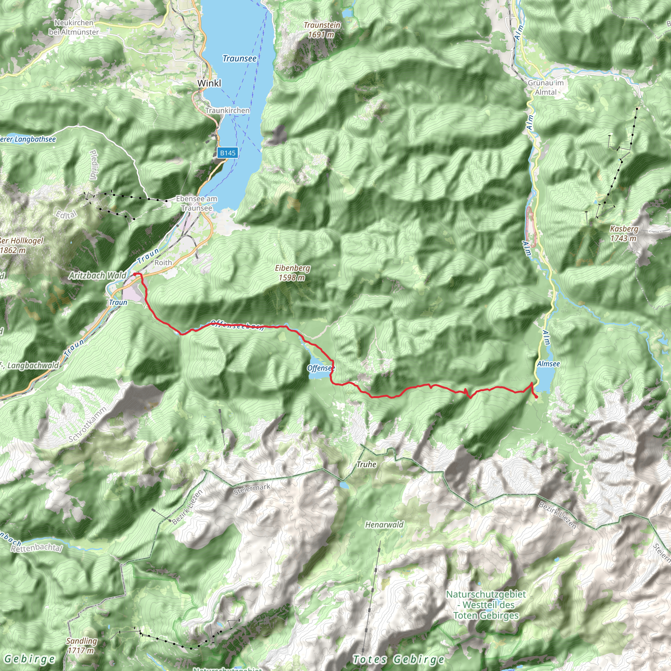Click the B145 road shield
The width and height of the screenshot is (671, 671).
[227, 153]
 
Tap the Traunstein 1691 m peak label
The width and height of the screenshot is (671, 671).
[322, 30]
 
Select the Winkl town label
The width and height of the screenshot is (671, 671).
[209, 83]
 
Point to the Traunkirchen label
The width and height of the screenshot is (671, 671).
[227, 110]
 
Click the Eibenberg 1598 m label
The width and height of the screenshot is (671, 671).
[293, 273]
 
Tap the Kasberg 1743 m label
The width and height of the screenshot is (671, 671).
[624, 233]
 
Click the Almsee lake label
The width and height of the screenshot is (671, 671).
[548, 364]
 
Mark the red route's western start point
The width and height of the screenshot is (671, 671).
[135, 274]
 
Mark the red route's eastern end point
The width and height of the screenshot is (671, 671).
[537, 397]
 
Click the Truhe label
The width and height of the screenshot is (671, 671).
[366, 464]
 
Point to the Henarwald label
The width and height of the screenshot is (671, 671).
[384, 525]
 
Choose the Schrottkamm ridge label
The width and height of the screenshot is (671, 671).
[87, 424]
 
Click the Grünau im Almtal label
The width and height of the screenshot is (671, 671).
[546, 87]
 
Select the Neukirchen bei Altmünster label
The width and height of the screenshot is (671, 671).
[74, 28]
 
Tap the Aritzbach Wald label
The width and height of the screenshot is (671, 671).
[98, 276]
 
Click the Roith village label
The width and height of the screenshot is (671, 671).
[163, 262]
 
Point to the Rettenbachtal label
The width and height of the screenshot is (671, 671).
[36, 548]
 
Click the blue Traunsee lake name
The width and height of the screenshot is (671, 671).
[239, 58]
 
